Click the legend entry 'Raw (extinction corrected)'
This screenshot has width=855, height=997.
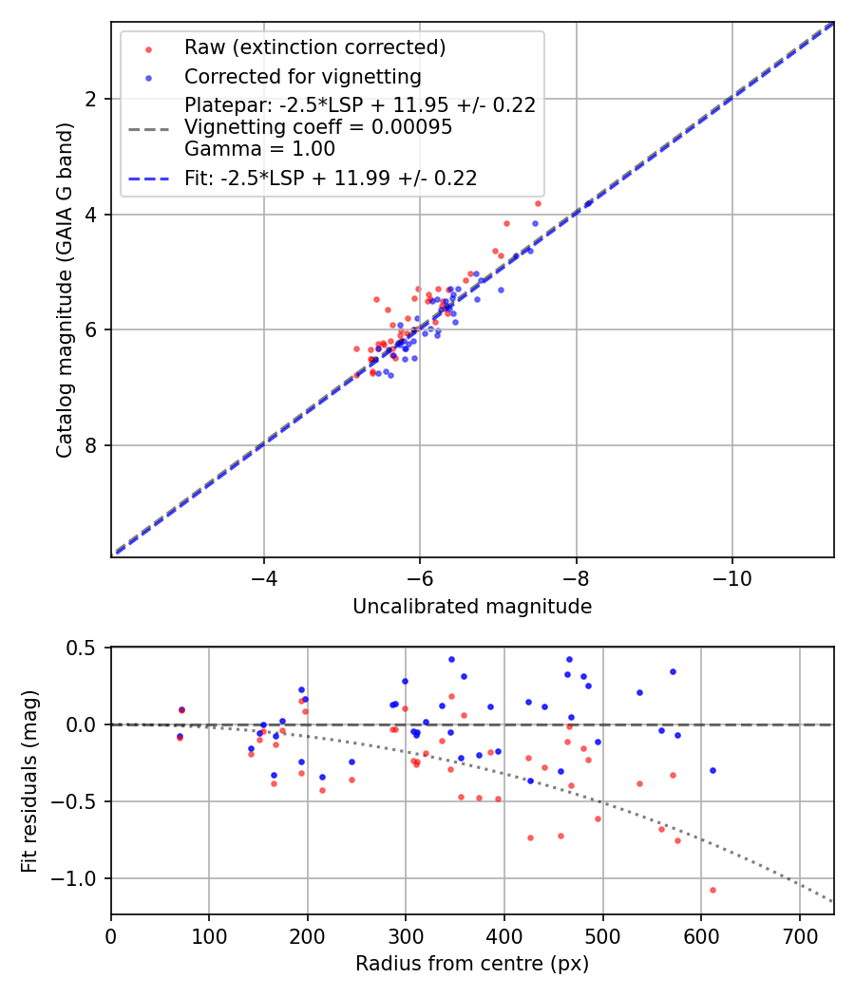314,47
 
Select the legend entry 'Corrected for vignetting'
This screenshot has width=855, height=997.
303,76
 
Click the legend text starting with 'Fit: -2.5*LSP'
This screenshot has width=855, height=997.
331,178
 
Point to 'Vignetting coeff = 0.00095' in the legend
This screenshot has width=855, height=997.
318,127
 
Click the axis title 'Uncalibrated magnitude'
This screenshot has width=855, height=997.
472,607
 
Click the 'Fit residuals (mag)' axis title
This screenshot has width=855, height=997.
30,780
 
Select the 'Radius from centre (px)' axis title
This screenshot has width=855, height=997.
472,964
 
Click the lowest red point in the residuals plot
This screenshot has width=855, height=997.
712,890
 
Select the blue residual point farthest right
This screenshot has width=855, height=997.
712,770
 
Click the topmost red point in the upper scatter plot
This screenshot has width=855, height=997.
538,203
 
